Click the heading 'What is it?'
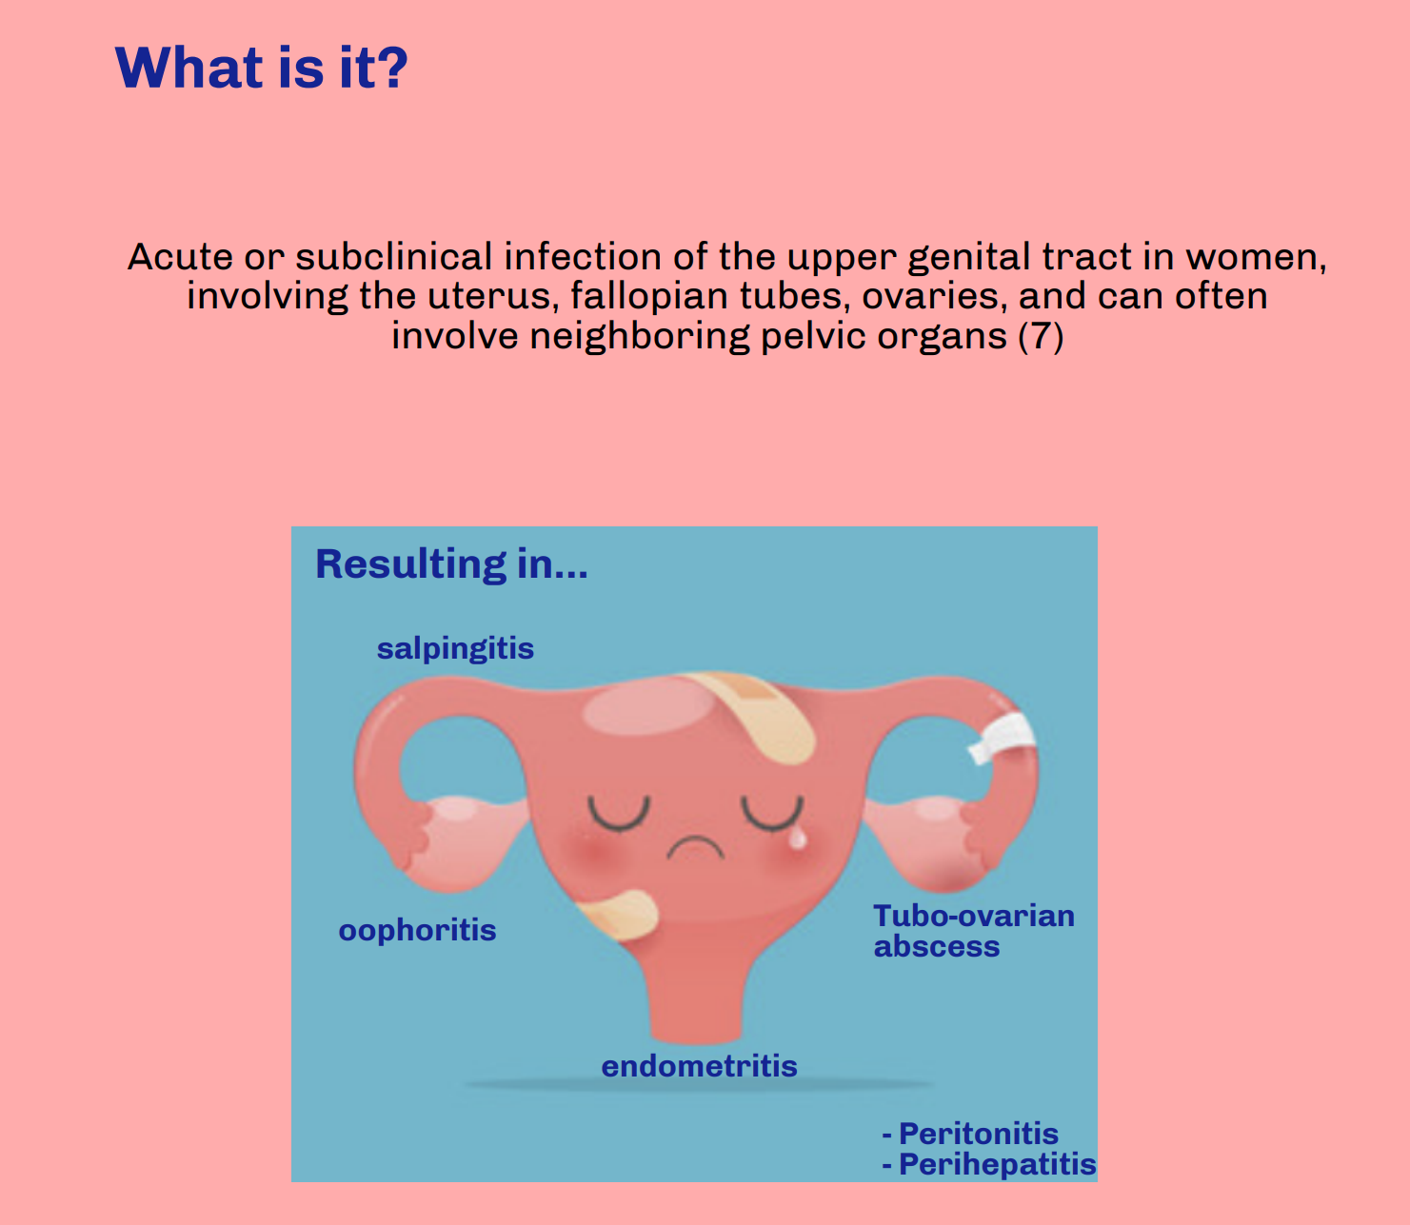point(261,68)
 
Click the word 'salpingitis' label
point(455,649)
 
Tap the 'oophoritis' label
point(417,930)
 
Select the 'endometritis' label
point(699,1066)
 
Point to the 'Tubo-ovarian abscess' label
point(973,930)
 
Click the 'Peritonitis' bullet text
point(978,1134)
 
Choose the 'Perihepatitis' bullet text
point(996,1164)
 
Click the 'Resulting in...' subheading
point(451,563)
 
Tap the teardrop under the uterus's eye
point(798,837)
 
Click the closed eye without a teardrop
point(618,814)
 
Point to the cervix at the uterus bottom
point(695,1009)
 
